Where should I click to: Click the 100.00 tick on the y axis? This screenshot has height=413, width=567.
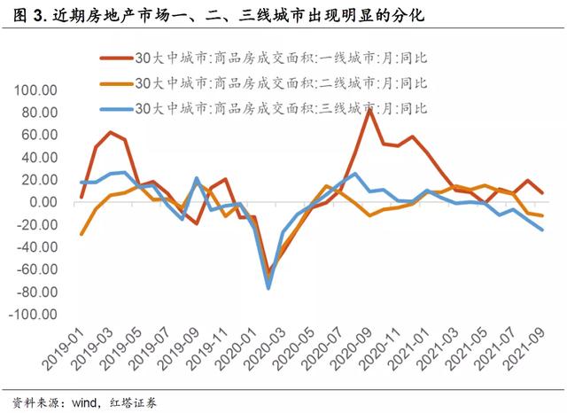pos(33,91)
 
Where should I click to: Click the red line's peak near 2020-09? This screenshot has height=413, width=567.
pos(369,110)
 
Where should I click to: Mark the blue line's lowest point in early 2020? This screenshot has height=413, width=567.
pos(268,288)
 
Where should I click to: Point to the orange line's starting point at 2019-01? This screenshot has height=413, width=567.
pos(82,235)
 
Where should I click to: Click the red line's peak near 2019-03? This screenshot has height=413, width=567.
pos(110,132)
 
